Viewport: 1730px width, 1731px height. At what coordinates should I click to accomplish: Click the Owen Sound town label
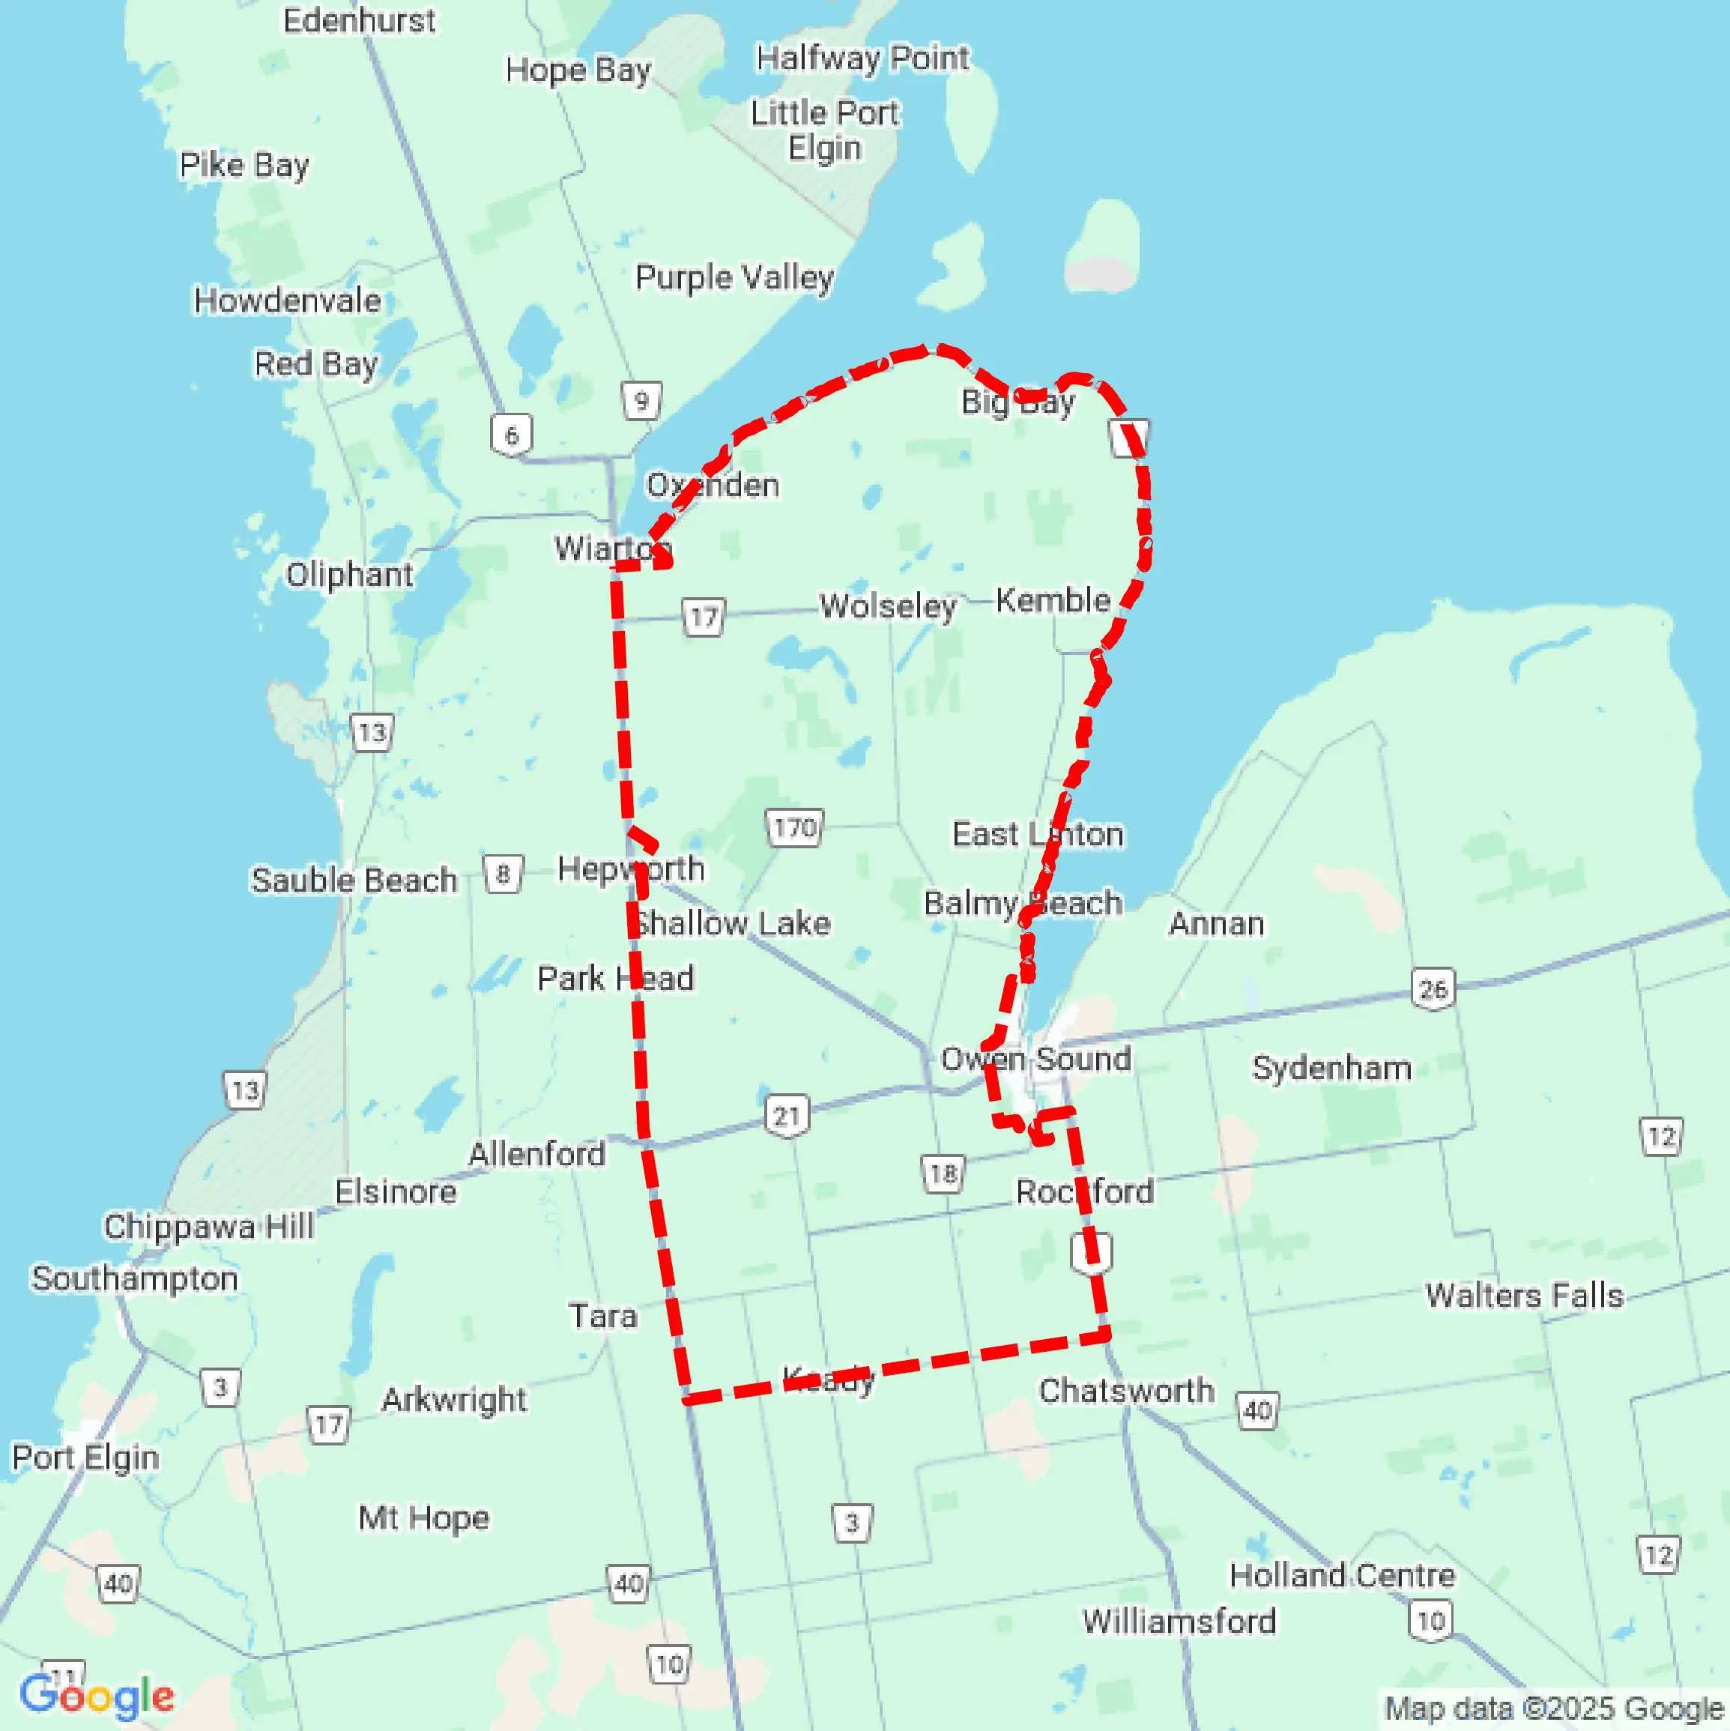[1035, 1059]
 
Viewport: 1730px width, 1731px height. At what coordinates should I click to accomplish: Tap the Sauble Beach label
[354, 880]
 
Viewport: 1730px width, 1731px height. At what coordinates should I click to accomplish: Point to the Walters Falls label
[1524, 1296]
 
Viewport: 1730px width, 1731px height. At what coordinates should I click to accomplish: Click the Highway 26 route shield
[1433, 989]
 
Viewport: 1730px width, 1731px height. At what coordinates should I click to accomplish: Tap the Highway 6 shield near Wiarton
[512, 435]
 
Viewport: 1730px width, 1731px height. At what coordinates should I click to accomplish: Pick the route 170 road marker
[795, 827]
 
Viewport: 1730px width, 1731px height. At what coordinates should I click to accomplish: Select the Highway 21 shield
[787, 1117]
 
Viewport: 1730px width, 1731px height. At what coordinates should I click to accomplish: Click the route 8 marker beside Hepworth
[503, 874]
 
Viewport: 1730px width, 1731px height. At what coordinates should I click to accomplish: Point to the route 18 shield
[943, 1173]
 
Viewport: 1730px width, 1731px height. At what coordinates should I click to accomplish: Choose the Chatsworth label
[1126, 1391]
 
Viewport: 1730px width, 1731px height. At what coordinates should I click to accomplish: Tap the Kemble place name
[1053, 600]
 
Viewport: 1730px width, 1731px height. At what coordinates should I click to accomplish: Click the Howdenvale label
[288, 301]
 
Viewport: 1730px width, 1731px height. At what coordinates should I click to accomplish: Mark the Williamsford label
[1179, 1621]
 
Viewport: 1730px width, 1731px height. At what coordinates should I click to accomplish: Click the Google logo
[97, 1696]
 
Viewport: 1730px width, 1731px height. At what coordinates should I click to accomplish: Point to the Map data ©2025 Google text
[1555, 1709]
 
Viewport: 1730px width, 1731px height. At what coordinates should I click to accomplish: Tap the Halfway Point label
[862, 58]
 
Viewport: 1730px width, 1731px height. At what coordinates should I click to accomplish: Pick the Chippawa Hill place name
[209, 1227]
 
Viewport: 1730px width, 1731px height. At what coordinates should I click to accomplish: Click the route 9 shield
[641, 400]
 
